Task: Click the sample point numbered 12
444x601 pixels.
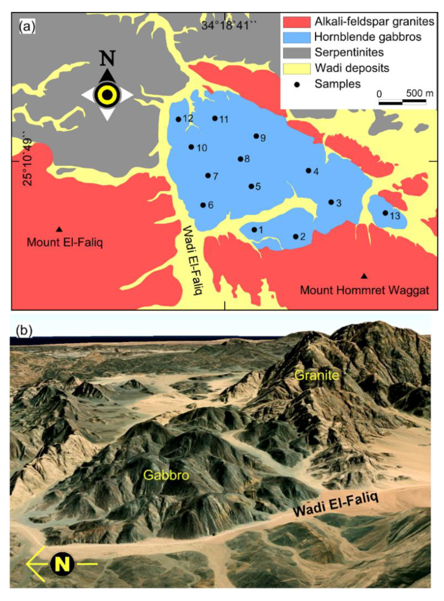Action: (179, 119)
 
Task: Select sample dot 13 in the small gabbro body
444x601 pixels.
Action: (385, 213)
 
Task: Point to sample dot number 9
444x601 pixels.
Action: (256, 136)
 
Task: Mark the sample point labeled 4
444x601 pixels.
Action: (308, 171)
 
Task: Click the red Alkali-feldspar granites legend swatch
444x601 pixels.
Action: (297, 22)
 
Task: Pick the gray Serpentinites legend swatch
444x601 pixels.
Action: (297, 53)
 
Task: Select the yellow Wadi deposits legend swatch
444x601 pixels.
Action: (297, 68)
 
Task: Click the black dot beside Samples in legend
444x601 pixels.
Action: (297, 84)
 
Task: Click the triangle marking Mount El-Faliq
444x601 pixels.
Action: (59, 229)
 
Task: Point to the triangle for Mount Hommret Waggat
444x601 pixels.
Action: (364, 276)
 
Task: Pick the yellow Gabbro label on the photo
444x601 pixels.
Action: (166, 475)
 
